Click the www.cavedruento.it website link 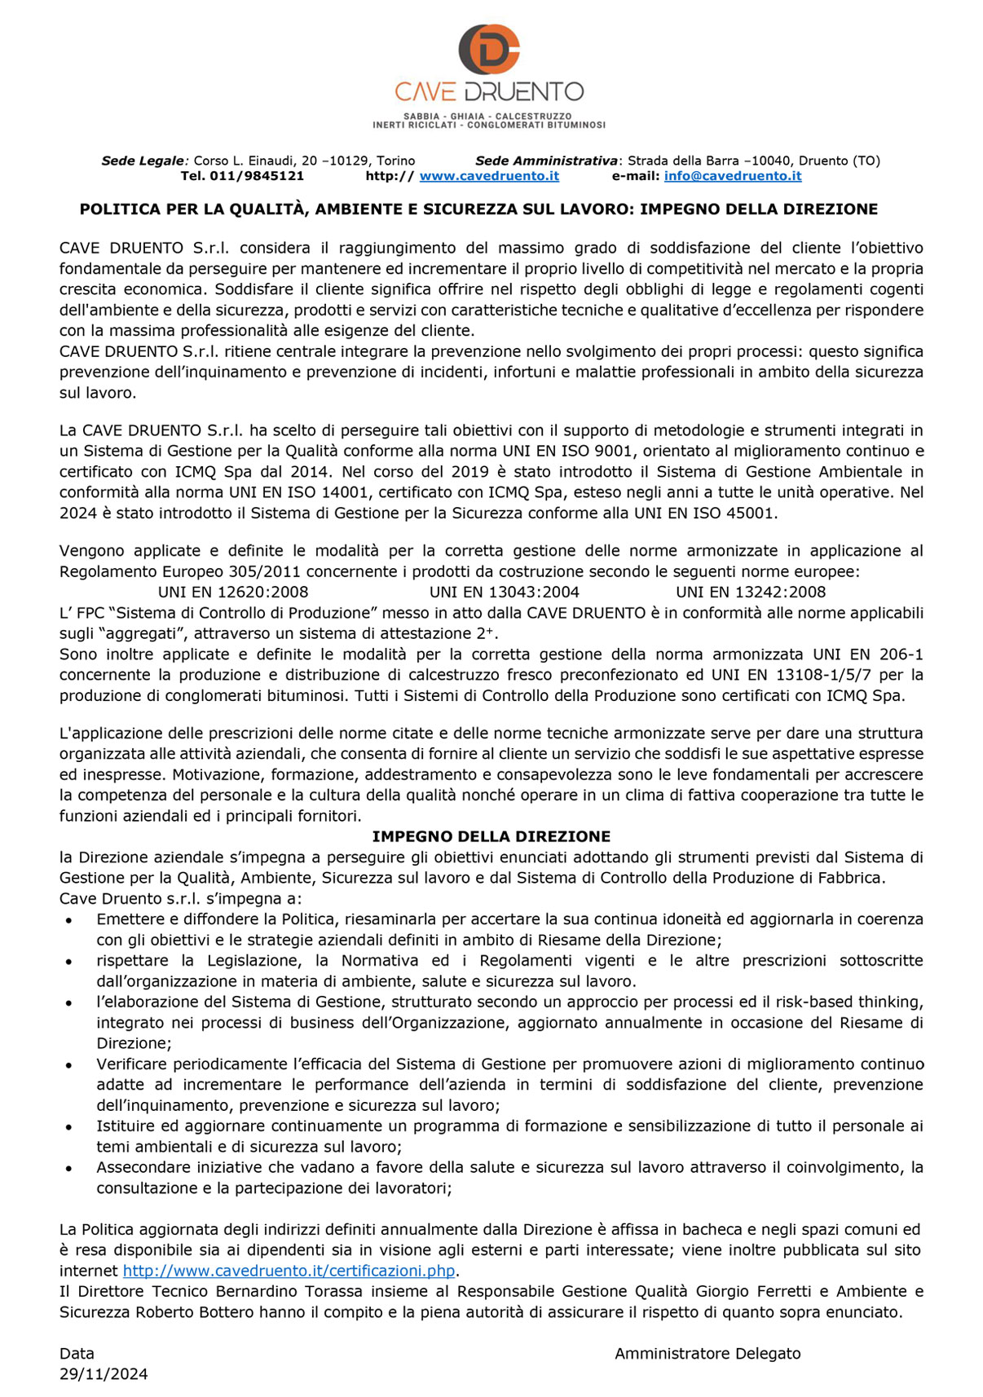coord(489,176)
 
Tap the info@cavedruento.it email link coord(732,176)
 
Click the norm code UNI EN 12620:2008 coord(233,593)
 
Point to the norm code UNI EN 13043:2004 coord(505,593)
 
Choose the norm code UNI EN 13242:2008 coord(751,593)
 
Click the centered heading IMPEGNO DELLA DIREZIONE coord(491,836)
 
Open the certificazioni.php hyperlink coord(289,1271)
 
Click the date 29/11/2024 coord(104,1374)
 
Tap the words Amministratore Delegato coord(707,1354)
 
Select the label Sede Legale coord(143,161)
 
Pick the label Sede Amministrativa coord(546,161)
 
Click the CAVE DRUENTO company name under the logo coord(489,91)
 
